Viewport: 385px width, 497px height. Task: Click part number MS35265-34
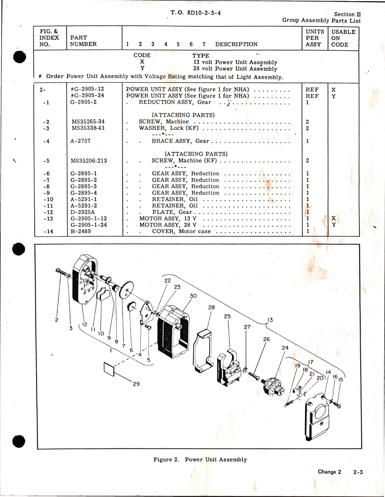88,122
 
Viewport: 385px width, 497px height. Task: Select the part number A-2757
80,141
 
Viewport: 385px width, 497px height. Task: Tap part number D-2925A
82,212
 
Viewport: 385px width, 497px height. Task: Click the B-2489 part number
81,231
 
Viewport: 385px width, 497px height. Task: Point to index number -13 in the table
48,218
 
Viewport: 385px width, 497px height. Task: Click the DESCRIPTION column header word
236,44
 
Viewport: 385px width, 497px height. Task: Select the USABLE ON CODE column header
343,38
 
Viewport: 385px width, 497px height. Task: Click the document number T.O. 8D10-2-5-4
196,13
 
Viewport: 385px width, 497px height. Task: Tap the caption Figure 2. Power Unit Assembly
200,459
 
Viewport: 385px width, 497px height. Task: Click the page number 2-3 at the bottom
358,472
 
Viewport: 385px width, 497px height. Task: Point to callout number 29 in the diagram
136,384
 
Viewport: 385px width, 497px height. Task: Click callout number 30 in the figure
193,296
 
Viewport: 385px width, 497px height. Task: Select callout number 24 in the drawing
285,348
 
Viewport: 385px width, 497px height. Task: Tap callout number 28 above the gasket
211,307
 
